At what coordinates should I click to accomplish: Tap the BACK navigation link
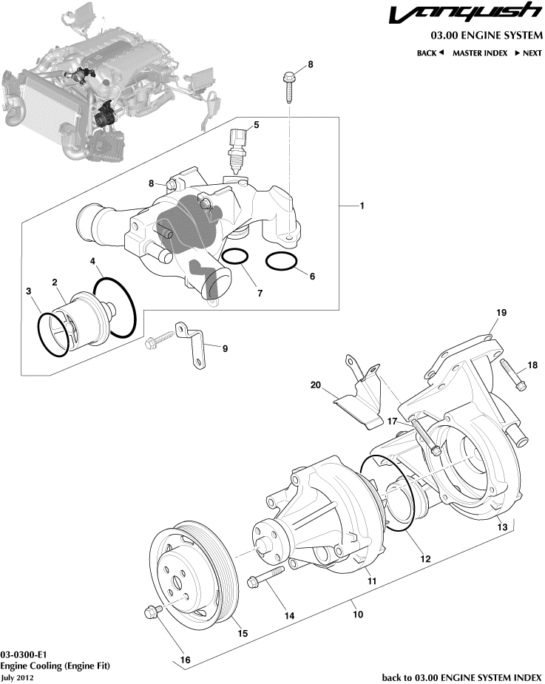430,53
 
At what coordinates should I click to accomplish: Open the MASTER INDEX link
480,53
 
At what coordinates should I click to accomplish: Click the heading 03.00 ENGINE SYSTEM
487,35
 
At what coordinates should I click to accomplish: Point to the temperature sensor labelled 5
237,152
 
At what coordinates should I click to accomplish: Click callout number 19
501,314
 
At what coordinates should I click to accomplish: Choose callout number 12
425,560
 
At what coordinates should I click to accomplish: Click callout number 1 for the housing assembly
362,206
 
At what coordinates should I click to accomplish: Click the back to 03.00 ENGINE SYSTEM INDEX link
461,677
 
